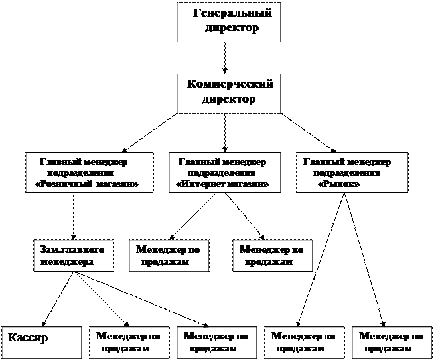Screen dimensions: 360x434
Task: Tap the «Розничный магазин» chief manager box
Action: (x=88, y=173)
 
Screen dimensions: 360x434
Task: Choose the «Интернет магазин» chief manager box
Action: (x=223, y=173)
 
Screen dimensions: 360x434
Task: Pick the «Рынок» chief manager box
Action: (x=352, y=173)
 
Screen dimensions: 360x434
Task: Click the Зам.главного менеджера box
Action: (x=72, y=255)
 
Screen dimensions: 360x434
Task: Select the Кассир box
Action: (x=40, y=341)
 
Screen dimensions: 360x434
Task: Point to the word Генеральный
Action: (x=232, y=14)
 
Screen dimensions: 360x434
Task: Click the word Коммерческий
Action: (x=230, y=85)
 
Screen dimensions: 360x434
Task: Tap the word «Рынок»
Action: (x=340, y=184)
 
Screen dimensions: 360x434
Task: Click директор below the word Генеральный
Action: (x=231, y=29)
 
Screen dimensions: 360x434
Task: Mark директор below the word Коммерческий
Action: (x=228, y=100)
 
